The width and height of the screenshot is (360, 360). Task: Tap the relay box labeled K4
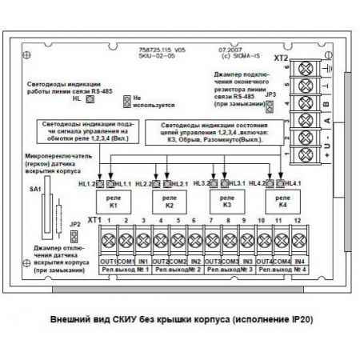click(x=283, y=200)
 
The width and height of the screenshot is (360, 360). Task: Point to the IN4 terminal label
click(x=299, y=262)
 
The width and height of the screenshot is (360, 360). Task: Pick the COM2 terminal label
click(x=178, y=262)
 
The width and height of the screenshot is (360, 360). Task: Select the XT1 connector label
click(x=94, y=218)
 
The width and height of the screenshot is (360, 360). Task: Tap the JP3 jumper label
click(x=270, y=94)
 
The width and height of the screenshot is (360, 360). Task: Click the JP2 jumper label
click(x=74, y=226)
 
